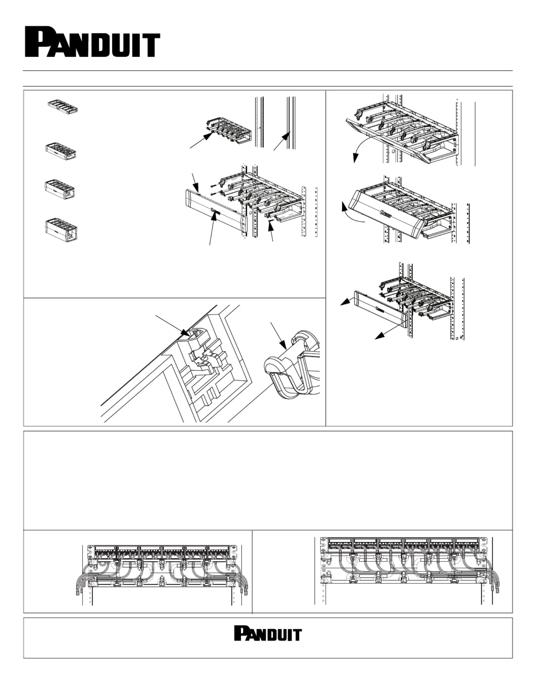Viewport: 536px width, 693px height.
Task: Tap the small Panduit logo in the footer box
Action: point(268,633)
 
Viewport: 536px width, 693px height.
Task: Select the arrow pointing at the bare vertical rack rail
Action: point(282,141)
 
